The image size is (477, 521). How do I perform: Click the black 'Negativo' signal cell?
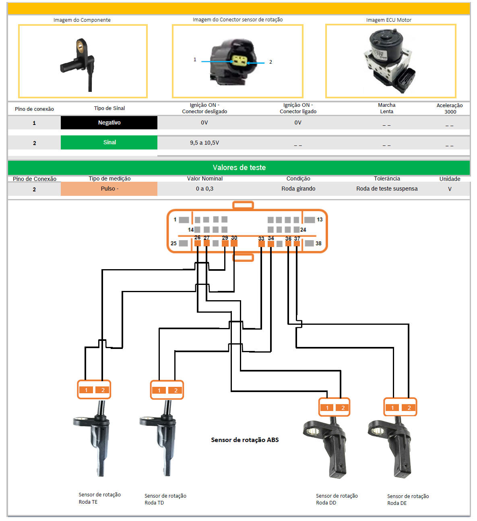point(109,122)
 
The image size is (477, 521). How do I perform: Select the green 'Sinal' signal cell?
point(109,142)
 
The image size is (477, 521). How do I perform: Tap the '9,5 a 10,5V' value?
point(204,143)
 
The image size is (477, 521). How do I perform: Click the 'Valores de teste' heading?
point(239,168)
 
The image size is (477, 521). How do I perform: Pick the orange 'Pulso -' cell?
point(109,189)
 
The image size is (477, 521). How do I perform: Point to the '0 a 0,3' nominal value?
point(204,189)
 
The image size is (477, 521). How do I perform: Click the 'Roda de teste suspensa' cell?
point(387,189)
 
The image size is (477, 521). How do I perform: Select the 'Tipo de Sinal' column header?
point(109,108)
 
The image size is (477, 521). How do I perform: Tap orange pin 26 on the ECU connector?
point(198,243)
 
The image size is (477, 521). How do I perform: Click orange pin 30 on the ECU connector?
point(234,243)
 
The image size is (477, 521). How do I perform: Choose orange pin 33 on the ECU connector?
point(262,244)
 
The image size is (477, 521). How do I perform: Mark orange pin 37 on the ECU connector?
point(297,243)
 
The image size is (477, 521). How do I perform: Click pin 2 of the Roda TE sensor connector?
point(103,390)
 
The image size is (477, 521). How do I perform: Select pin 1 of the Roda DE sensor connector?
point(392,408)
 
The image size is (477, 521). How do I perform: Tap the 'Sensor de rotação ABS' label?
point(245,440)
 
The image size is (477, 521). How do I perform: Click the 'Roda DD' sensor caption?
point(337,499)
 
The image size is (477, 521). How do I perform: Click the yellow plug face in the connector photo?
point(240,61)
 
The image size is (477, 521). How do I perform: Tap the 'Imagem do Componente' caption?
point(82,20)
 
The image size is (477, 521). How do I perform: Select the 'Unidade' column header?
point(450,179)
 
